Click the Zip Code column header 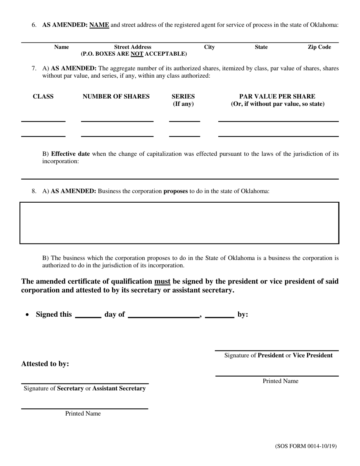click(x=319, y=47)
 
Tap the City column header click(x=209, y=47)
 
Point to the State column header click(x=261, y=47)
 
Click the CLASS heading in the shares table click(x=43, y=97)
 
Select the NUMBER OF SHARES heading click(x=116, y=97)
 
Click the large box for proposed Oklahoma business click(x=179, y=223)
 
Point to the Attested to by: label click(x=45, y=364)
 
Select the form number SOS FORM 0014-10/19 click(x=305, y=446)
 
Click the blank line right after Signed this click(x=88, y=317)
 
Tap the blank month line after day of click(x=164, y=317)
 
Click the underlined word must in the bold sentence click(x=162, y=281)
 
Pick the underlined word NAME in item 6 click(x=99, y=25)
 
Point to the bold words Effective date click(x=70, y=154)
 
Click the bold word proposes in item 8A click(x=175, y=191)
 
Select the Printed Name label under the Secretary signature click(x=83, y=414)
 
